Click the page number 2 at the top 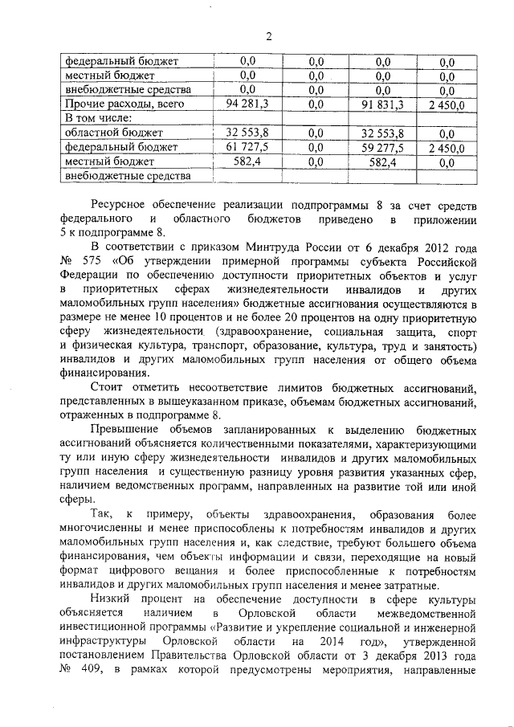tap(270, 36)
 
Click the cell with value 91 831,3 tap(381, 104)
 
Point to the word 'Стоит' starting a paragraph tap(108, 384)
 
